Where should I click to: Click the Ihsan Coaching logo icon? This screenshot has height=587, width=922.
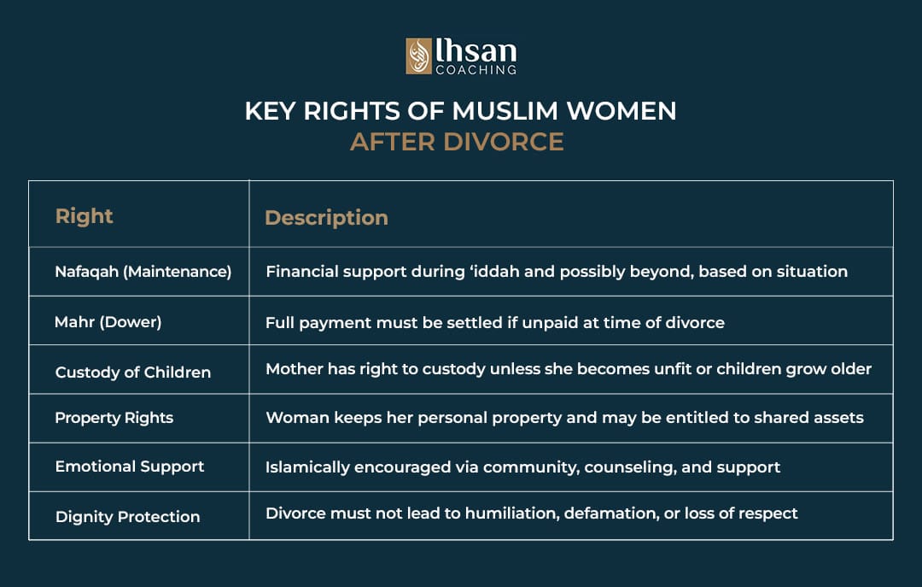coord(418,56)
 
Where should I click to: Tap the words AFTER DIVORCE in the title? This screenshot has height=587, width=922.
coord(457,141)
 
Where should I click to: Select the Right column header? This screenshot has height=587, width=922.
coord(84,216)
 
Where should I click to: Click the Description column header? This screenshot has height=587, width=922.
coord(326,218)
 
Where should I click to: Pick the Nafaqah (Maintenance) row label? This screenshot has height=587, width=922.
coord(143,272)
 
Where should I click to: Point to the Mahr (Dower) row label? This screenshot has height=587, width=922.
coord(108,322)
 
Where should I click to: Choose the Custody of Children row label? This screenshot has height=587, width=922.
coord(132,372)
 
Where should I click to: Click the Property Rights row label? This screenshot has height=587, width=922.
coord(114,418)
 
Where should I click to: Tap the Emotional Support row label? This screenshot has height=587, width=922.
coord(129,467)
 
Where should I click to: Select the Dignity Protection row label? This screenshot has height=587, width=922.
coord(127,516)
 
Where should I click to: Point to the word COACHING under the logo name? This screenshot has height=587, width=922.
coord(476,69)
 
